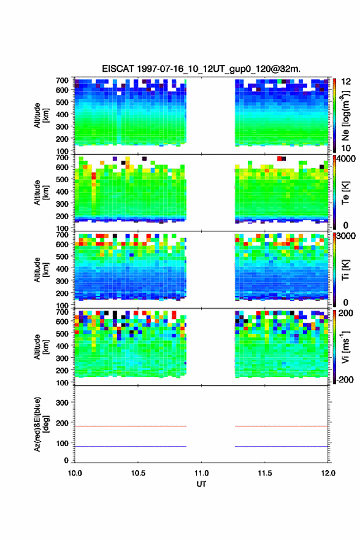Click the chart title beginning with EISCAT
click(201, 69)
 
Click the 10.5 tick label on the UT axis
click(138, 473)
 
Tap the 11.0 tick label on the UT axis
click(201, 473)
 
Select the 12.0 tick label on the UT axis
click(328, 473)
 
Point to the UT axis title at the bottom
click(201, 484)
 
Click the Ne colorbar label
click(345, 116)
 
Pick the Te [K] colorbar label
click(345, 193)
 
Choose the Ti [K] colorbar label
click(345, 270)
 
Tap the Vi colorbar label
click(345, 347)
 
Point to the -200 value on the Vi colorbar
click(345, 379)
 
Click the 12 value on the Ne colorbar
click(346, 82)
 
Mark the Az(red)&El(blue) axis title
click(41, 424)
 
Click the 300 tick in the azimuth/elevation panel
click(62, 403)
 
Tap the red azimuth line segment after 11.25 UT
click(281, 426)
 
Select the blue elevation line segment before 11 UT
click(131, 446)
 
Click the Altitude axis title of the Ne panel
click(41, 115)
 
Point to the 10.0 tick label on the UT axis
click(75, 473)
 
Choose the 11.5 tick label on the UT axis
click(265, 473)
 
